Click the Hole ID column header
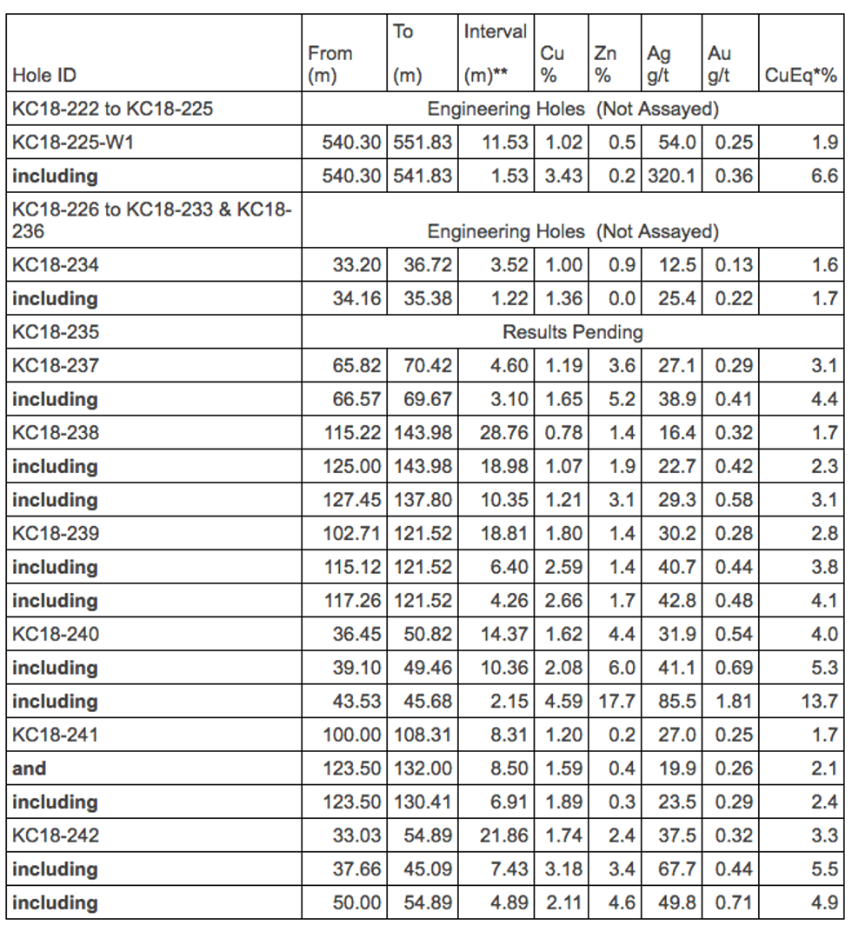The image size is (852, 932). pyautogui.click(x=44, y=76)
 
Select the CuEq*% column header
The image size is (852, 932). pyautogui.click(x=801, y=76)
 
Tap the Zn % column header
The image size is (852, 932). pyautogui.click(x=605, y=64)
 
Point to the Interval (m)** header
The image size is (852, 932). pyautogui.click(x=495, y=54)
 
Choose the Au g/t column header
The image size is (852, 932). pyautogui.click(x=718, y=64)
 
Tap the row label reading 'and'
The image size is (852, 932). pyautogui.click(x=30, y=769)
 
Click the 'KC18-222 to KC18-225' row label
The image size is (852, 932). pyautogui.click(x=113, y=109)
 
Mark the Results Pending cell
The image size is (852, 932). pyautogui.click(x=573, y=332)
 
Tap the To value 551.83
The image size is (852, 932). pyautogui.click(x=423, y=143)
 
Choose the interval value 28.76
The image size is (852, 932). pyautogui.click(x=504, y=433)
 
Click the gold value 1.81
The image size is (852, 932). pyautogui.click(x=734, y=702)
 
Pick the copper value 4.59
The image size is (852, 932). pyautogui.click(x=563, y=702)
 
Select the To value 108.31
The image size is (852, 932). pyautogui.click(x=423, y=735)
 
